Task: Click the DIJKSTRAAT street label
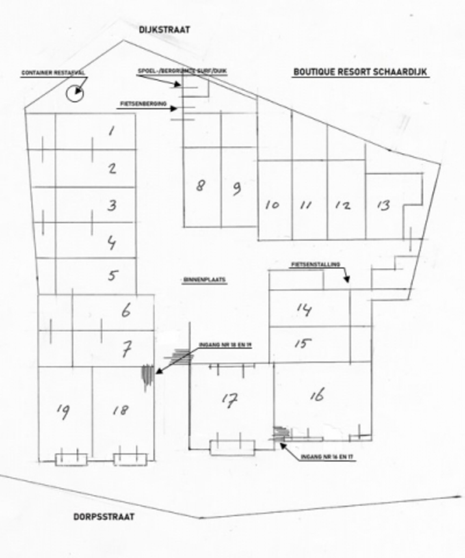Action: (164, 30)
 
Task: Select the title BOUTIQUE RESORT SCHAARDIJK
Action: (360, 72)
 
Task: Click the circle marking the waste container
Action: (75, 93)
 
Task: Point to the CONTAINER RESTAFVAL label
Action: (53, 73)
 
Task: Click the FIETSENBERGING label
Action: (143, 104)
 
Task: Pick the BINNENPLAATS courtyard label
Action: (204, 279)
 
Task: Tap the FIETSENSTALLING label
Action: (316, 264)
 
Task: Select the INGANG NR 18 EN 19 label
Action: (225, 345)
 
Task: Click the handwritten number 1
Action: (112, 131)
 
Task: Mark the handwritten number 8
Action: (201, 186)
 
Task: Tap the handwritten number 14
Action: (304, 309)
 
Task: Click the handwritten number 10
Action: (272, 205)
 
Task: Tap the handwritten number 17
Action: (230, 400)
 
